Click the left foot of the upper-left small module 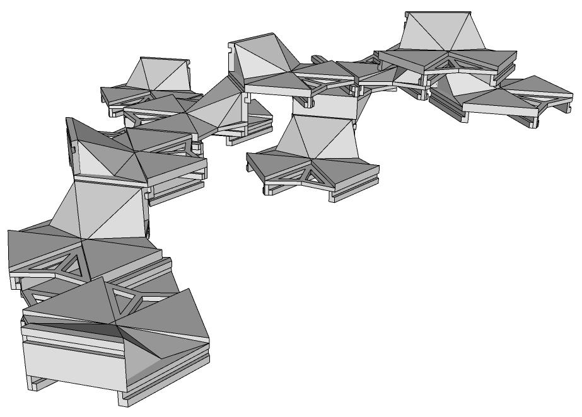click(113, 111)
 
